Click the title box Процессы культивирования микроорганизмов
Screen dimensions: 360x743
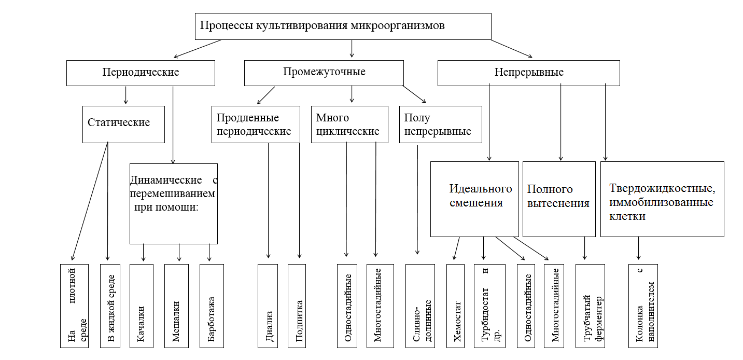point(342,26)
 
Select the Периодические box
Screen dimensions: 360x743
point(141,73)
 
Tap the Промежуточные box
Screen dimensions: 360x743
point(324,73)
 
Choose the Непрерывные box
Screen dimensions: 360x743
point(528,73)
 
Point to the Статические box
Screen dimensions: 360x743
point(123,124)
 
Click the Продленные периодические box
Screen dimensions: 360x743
point(256,124)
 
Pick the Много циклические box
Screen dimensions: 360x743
point(349,124)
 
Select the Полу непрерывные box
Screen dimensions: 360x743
point(440,124)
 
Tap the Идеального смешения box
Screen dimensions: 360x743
point(474,199)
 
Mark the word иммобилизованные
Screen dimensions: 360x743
point(661,202)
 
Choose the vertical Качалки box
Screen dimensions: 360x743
point(142,306)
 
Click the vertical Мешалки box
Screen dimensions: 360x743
point(176,306)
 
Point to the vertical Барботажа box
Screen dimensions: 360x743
point(212,306)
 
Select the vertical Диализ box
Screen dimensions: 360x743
point(268,306)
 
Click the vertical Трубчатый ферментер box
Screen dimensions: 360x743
point(590,306)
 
